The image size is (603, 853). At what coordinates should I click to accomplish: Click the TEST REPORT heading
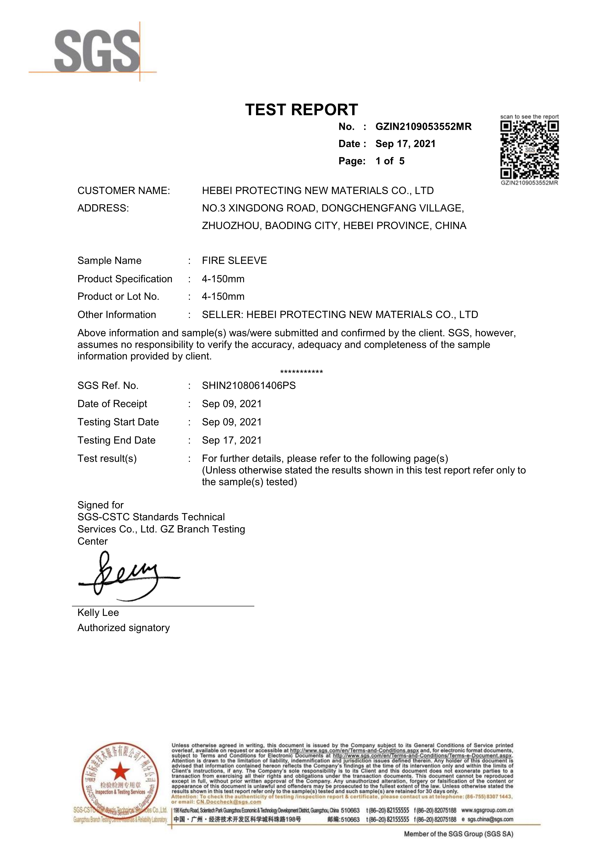coord(301,110)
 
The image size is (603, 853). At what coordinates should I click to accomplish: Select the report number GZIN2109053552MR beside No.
coord(423,127)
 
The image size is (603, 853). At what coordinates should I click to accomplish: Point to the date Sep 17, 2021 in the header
coord(405,144)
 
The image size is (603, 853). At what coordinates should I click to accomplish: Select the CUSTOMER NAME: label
coord(123,191)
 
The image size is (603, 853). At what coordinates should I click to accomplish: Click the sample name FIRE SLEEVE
coord(234,260)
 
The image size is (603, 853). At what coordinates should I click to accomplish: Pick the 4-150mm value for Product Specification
coord(223,279)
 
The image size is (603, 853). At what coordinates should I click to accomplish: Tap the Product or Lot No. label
coord(118,296)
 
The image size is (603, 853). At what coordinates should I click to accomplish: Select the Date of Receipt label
coord(112,404)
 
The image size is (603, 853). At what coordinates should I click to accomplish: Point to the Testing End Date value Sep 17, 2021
coord(231,440)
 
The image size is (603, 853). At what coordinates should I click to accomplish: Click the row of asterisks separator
coord(301,372)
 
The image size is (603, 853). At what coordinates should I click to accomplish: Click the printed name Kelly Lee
coord(98,613)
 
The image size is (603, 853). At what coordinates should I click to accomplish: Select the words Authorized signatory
coord(123,628)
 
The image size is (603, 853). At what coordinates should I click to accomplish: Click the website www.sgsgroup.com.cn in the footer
coord(487,810)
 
